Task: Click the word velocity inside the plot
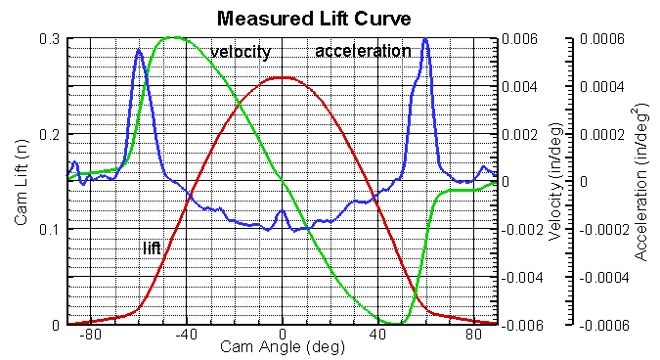pyautogui.click(x=240, y=52)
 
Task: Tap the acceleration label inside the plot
pyautogui.click(x=363, y=51)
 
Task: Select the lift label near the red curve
pyautogui.click(x=152, y=250)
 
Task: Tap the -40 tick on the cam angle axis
pyautogui.click(x=186, y=335)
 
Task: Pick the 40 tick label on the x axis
pyautogui.click(x=378, y=335)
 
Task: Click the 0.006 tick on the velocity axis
pyautogui.click(x=518, y=38)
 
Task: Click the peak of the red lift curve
pyautogui.click(x=283, y=77)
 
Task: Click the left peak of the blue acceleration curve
pyautogui.click(x=139, y=49)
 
